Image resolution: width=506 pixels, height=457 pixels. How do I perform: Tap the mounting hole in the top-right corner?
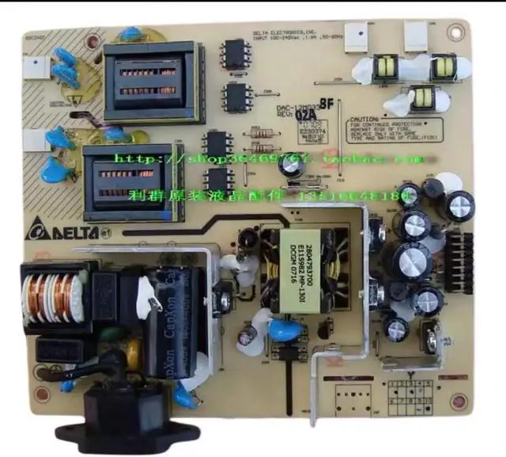455,32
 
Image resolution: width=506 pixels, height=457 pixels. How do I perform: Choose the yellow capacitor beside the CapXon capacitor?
135,347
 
